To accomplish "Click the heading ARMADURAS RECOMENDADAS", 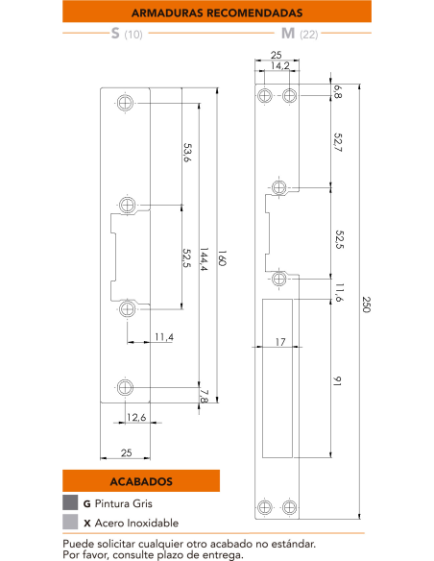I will click(x=216, y=13).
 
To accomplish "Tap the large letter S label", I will click(x=115, y=35).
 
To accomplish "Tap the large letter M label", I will click(x=287, y=35).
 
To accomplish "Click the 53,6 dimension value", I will click(x=186, y=153).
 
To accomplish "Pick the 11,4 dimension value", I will click(x=163, y=337).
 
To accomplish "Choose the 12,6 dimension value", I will click(x=136, y=417).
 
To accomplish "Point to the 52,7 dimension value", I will click(x=337, y=141).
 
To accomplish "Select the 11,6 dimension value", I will click(x=337, y=291).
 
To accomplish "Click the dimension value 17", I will click(x=279, y=341).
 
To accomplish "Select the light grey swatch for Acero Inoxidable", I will click(x=70, y=523).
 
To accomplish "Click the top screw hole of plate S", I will click(x=126, y=104).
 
